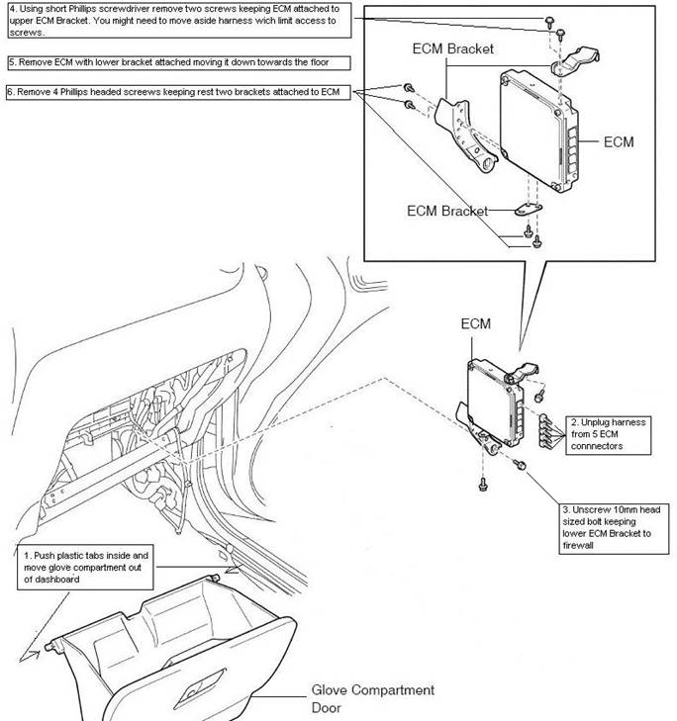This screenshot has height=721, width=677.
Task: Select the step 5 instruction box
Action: tap(179, 62)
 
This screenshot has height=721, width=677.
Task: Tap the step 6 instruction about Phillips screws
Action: tap(179, 92)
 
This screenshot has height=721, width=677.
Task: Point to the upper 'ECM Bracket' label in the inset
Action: tap(452, 47)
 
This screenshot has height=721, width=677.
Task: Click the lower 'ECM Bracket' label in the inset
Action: tap(448, 211)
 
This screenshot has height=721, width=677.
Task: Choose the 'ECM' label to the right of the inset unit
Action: tap(618, 142)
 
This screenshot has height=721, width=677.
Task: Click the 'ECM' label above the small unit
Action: tap(476, 323)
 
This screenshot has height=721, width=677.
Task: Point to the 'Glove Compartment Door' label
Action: tap(372, 698)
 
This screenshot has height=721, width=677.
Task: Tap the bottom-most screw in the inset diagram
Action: tap(535, 242)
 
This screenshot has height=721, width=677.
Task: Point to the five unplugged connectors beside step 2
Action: tap(543, 429)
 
